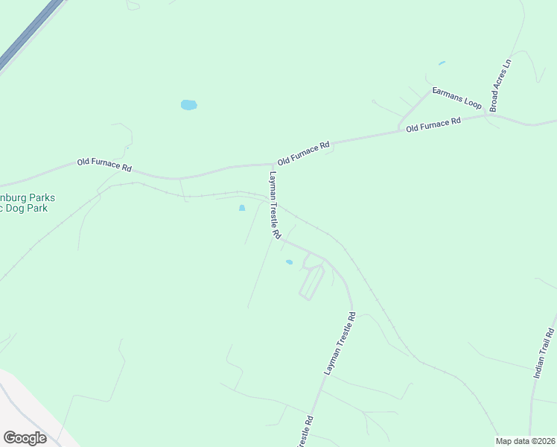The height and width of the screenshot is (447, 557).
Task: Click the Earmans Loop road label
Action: click(x=458, y=99)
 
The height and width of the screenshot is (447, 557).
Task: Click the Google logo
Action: click(x=25, y=438)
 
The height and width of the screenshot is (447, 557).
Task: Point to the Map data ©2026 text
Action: click(x=525, y=441)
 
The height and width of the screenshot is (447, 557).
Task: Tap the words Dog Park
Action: click(x=26, y=209)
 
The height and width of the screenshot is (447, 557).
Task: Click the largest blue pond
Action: click(x=189, y=105)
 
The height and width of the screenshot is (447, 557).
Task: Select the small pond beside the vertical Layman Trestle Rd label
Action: click(x=242, y=208)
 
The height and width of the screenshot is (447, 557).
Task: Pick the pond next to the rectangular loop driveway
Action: click(x=289, y=262)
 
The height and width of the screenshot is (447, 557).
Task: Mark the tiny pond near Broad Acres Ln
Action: click(x=442, y=63)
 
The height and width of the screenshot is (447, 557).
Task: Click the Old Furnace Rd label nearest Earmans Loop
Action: click(x=433, y=124)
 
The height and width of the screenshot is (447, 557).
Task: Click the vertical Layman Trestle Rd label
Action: click(x=275, y=205)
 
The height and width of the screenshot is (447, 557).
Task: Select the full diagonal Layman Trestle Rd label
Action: click(x=340, y=343)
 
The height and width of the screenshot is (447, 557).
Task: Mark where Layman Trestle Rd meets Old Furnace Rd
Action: click(x=273, y=164)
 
